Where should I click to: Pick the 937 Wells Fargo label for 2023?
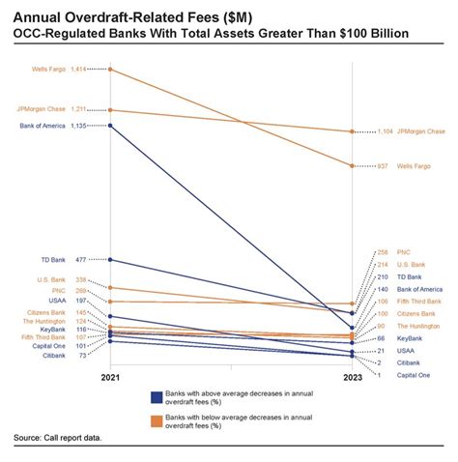[x=402, y=166]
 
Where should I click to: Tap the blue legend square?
[x=156, y=397]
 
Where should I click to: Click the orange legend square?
[x=156, y=420]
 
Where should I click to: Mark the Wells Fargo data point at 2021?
[x=112, y=69]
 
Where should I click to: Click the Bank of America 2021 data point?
[x=112, y=126]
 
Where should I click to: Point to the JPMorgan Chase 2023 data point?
[x=352, y=131]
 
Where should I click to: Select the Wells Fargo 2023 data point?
[x=352, y=166]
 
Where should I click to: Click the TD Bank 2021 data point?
[x=112, y=259]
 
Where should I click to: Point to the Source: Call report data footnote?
[x=58, y=438]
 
